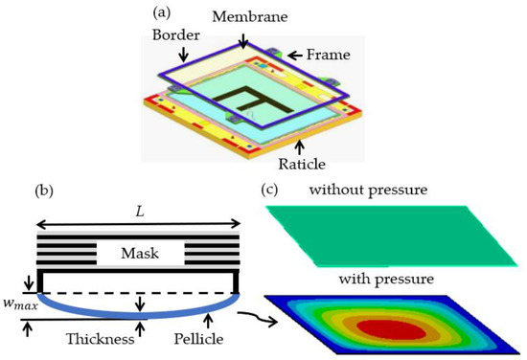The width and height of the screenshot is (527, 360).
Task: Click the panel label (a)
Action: pyautogui.click(x=163, y=13)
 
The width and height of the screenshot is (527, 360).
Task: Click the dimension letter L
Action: pyautogui.click(x=135, y=209)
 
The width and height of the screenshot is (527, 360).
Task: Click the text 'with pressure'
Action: pyautogui.click(x=388, y=279)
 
